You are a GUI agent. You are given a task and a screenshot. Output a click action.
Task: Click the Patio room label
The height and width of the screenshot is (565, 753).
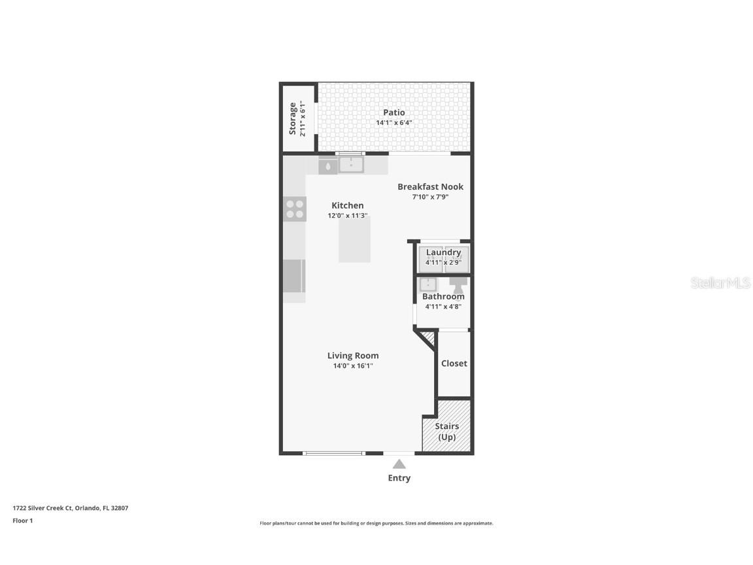(393, 112)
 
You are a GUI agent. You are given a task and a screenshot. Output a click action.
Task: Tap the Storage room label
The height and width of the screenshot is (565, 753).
(293, 118)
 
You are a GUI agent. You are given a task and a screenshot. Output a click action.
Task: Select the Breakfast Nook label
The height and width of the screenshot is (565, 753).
(430, 187)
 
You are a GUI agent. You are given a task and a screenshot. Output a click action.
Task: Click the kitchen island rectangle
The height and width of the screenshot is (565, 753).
(354, 239)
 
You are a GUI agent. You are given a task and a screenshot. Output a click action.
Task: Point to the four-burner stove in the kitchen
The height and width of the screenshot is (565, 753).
(295, 209)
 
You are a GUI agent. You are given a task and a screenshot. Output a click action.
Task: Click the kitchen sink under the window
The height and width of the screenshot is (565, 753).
(351, 164)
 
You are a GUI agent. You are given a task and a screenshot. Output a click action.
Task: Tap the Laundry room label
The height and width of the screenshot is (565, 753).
(443, 252)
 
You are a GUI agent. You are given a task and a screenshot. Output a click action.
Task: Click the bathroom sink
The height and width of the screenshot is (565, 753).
(427, 284)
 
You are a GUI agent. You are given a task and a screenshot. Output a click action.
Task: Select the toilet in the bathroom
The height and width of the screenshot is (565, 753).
(458, 285)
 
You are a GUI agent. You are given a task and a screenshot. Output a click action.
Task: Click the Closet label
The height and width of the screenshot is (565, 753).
(454, 364)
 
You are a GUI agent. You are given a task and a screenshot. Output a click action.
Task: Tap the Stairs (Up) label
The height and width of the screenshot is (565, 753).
(446, 432)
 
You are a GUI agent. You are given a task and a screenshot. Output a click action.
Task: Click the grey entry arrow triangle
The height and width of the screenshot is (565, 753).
(399, 464)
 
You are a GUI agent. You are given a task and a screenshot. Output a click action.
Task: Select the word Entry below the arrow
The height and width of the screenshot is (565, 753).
(399, 478)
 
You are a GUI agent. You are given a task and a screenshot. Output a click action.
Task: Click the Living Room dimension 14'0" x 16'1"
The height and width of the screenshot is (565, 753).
(353, 366)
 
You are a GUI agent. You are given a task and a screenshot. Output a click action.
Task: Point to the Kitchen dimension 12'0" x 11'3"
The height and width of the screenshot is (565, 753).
(347, 216)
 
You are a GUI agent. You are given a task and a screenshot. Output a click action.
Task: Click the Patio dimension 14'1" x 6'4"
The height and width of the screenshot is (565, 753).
(393, 123)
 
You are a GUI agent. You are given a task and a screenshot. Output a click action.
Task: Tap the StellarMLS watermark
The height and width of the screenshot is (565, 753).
(720, 283)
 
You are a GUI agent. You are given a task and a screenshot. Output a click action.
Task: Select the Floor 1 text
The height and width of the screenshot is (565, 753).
(22, 521)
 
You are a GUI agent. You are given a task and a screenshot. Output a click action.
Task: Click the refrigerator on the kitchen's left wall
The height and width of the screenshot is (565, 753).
(293, 276)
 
